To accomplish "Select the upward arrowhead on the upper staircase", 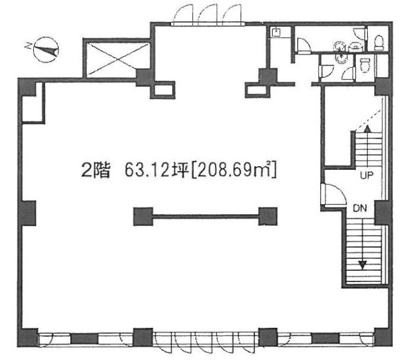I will coord(367,128).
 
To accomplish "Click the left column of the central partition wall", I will coord(142,217).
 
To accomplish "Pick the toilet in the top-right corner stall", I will coord(379,42).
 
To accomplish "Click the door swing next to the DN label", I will coord(330,195).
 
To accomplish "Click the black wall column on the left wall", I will coord(27,213).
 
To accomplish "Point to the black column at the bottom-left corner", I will coord(28,340).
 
